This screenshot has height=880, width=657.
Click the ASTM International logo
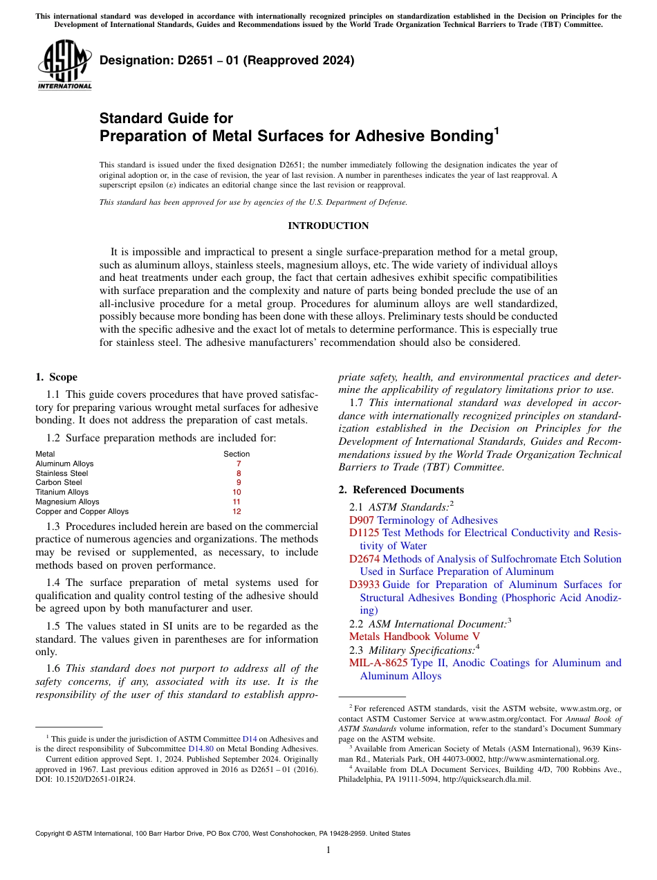(x=64, y=65)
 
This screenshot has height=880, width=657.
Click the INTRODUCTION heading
(x=328, y=226)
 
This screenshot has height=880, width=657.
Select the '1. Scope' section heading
(x=56, y=377)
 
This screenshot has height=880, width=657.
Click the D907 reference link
(x=362, y=520)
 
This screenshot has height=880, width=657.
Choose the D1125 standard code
(x=364, y=533)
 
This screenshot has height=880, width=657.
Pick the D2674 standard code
(x=364, y=559)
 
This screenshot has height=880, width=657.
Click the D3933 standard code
(x=364, y=585)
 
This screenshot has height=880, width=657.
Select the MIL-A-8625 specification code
(x=378, y=663)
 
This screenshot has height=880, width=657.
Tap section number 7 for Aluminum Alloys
(x=238, y=464)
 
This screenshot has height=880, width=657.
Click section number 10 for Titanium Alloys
(x=237, y=493)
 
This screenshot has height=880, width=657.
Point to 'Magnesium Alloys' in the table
(x=67, y=502)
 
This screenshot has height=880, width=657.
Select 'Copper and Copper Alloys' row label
(x=82, y=512)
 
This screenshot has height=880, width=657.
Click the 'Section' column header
(x=237, y=455)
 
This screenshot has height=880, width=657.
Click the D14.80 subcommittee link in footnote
(x=201, y=749)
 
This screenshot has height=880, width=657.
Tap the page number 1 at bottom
(x=328, y=850)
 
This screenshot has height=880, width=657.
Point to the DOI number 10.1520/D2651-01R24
(x=97, y=778)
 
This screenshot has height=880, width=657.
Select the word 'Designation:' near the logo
(x=133, y=61)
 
